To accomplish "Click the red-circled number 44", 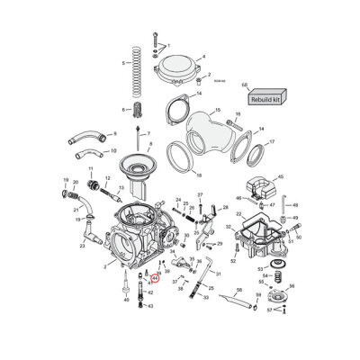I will point(154,279).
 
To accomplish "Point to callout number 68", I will point(244,85).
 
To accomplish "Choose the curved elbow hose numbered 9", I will point(86,139).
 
